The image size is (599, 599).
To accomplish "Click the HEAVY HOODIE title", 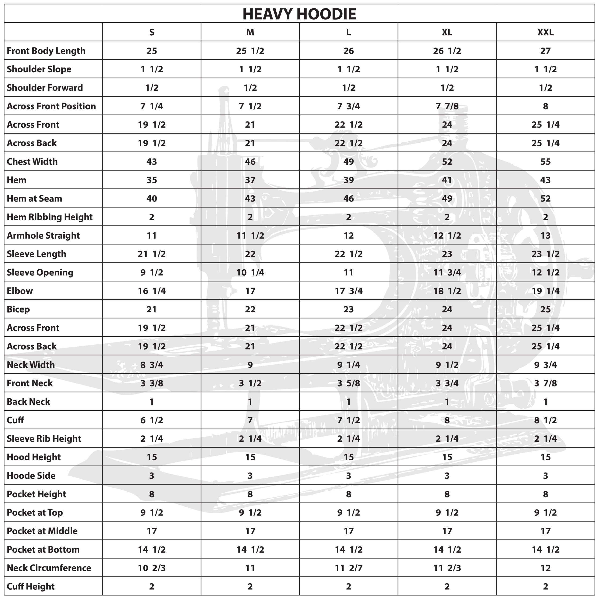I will click(x=299, y=14).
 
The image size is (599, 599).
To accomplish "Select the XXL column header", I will click(x=545, y=32).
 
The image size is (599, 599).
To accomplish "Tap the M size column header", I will click(x=250, y=32).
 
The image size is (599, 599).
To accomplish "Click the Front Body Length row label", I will click(x=46, y=51).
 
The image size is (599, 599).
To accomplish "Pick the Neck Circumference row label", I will click(x=49, y=568).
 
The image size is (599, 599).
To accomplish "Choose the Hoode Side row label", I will click(x=31, y=475).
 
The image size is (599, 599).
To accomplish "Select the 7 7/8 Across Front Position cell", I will click(x=447, y=106).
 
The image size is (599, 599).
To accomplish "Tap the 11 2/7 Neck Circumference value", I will click(x=348, y=568).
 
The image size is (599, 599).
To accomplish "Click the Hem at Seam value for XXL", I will click(x=545, y=198).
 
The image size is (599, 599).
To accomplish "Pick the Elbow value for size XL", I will click(x=447, y=291).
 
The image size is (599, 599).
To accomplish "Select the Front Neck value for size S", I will click(x=152, y=383).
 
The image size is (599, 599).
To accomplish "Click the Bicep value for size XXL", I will click(x=545, y=309).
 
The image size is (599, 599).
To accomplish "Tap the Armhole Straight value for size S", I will click(x=152, y=235).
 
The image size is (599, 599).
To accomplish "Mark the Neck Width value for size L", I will click(x=348, y=365).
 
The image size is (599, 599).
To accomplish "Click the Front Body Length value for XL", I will click(x=447, y=51).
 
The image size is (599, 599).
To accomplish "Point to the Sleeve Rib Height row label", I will click(x=44, y=439).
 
